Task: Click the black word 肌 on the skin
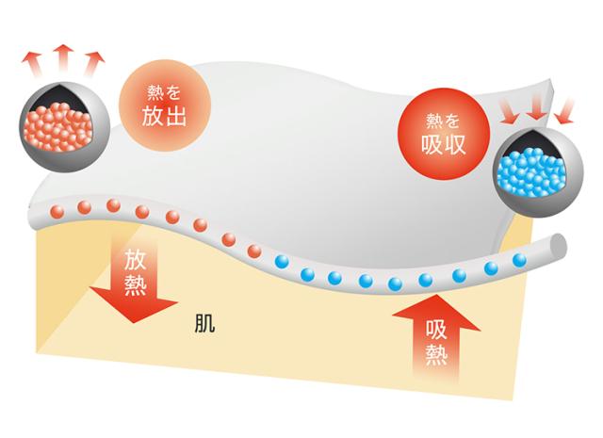(x=204, y=323)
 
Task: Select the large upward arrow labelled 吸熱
(x=436, y=335)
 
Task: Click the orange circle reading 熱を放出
(x=166, y=105)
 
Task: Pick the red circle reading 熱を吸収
(x=444, y=134)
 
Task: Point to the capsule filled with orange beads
(x=65, y=127)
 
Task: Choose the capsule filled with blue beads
(x=538, y=171)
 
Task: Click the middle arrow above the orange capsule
(x=63, y=58)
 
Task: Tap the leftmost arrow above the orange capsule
(x=32, y=63)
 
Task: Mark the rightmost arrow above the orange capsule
(x=93, y=63)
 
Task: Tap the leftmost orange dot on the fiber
(x=57, y=211)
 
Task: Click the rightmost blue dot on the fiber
(x=519, y=260)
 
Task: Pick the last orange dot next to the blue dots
(x=254, y=251)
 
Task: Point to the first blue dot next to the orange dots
(x=282, y=263)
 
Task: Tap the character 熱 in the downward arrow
(x=136, y=285)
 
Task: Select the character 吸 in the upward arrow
(x=436, y=330)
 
